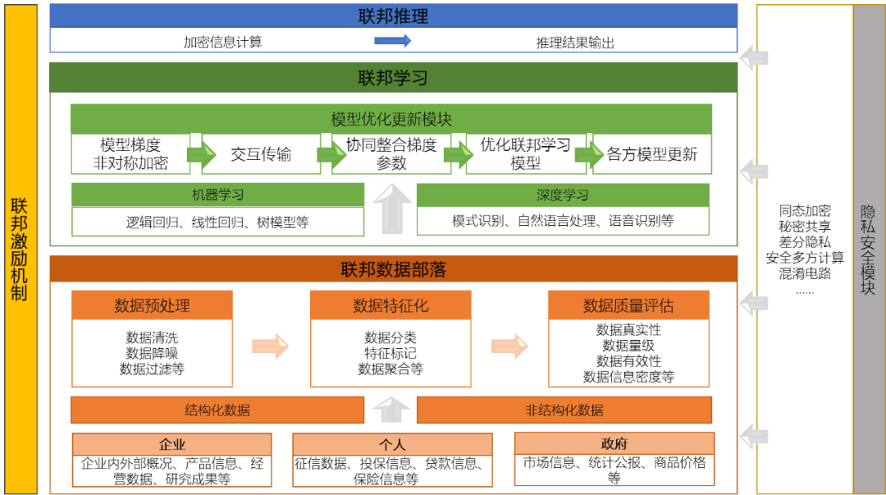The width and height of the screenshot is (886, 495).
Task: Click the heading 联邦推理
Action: click(393, 16)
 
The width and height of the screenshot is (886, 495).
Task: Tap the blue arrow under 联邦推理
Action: click(392, 40)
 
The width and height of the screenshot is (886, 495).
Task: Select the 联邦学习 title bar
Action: click(393, 78)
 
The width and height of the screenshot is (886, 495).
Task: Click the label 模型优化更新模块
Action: click(391, 119)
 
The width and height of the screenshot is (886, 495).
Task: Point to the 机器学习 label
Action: click(217, 195)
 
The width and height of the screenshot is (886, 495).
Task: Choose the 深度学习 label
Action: click(562, 195)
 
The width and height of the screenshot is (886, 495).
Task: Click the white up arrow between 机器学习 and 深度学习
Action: click(392, 209)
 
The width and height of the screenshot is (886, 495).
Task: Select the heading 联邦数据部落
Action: click(393, 269)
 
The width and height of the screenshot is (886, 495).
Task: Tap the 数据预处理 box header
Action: click(152, 305)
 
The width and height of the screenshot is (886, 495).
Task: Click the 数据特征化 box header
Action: click(390, 305)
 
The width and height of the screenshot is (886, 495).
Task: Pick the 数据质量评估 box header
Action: click(628, 305)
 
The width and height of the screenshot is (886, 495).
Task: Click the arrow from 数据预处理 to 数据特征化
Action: click(270, 346)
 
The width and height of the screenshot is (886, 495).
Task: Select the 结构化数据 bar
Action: click(217, 410)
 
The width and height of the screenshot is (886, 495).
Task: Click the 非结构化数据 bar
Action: click(564, 410)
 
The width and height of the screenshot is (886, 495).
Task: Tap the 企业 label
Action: click(171, 444)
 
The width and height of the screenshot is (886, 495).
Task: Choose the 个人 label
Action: click(392, 444)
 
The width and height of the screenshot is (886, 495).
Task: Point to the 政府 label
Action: click(614, 443)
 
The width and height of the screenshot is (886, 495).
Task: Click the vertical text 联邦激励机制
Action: click(19, 248)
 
